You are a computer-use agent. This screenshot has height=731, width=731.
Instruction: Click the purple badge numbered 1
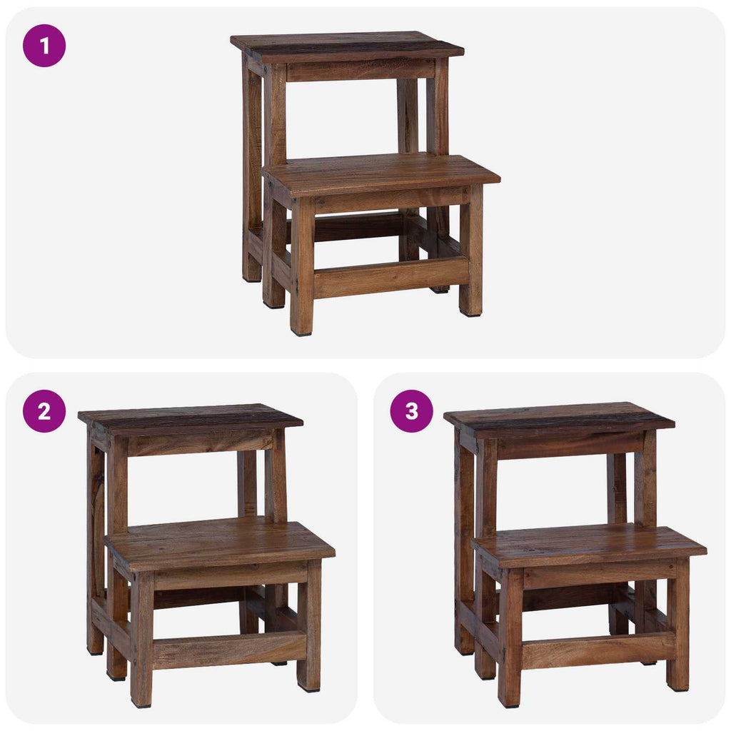coord(44,46)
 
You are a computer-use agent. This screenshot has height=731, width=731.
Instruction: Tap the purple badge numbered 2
coord(44,411)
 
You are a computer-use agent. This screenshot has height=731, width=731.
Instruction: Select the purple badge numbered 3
coord(411,411)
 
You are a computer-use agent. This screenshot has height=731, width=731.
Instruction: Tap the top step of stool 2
coord(190,417)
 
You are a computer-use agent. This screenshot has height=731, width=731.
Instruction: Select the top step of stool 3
coord(559,416)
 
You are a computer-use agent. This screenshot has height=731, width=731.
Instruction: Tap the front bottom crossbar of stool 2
coord(229,650)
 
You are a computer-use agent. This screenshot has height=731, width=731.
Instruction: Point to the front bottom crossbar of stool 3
coord(598,650)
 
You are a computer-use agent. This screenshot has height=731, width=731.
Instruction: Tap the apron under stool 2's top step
coord(200,443)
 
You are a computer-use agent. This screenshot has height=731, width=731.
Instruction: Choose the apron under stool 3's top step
coord(570,445)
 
